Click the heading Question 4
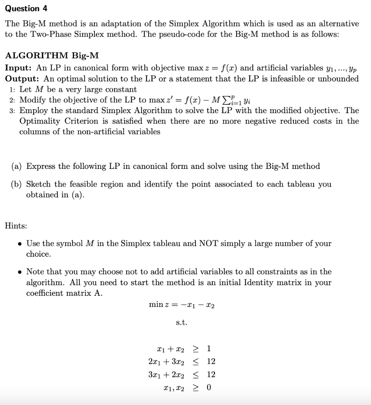22,8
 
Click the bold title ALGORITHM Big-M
52,55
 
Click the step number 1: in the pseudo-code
12,90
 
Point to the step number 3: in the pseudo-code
12,111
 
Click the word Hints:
16,226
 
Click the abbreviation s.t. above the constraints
181,323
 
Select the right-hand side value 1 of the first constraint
209,348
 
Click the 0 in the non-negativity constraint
209,387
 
